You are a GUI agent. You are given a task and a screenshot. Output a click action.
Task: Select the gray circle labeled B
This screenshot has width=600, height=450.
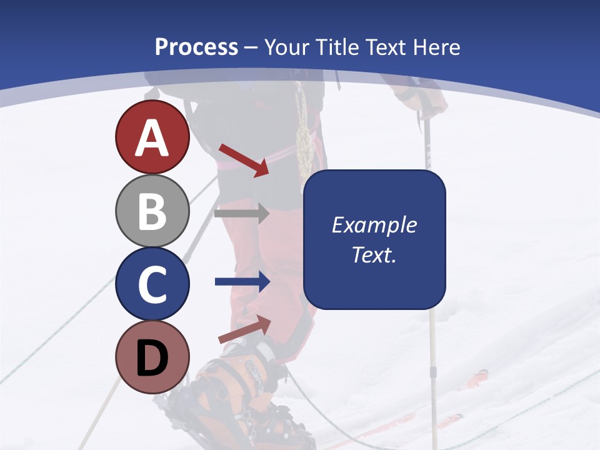pyautogui.click(x=152, y=211)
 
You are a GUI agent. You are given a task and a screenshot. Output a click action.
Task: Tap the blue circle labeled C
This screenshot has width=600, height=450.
pyautogui.click(x=152, y=284)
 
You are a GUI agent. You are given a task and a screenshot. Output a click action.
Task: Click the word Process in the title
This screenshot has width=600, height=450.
pyautogui.click(x=196, y=47)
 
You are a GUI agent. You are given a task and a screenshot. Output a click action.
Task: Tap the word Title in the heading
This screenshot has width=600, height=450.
pyautogui.click(x=336, y=47)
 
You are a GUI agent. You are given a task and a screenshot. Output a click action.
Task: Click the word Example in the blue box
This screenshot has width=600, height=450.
pyautogui.click(x=374, y=225)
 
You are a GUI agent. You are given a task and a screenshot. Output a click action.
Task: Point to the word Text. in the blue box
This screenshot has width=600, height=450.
pyautogui.click(x=374, y=254)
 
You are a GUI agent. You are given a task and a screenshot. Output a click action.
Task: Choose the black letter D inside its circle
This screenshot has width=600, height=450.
pyautogui.click(x=152, y=358)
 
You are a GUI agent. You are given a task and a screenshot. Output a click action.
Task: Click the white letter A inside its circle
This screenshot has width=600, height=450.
pyautogui.click(x=152, y=138)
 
